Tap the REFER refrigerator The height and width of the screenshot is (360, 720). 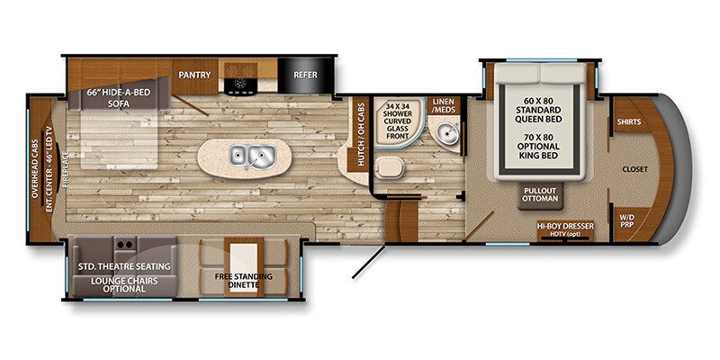coord(303,76)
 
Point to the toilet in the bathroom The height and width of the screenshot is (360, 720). coord(390,167)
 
